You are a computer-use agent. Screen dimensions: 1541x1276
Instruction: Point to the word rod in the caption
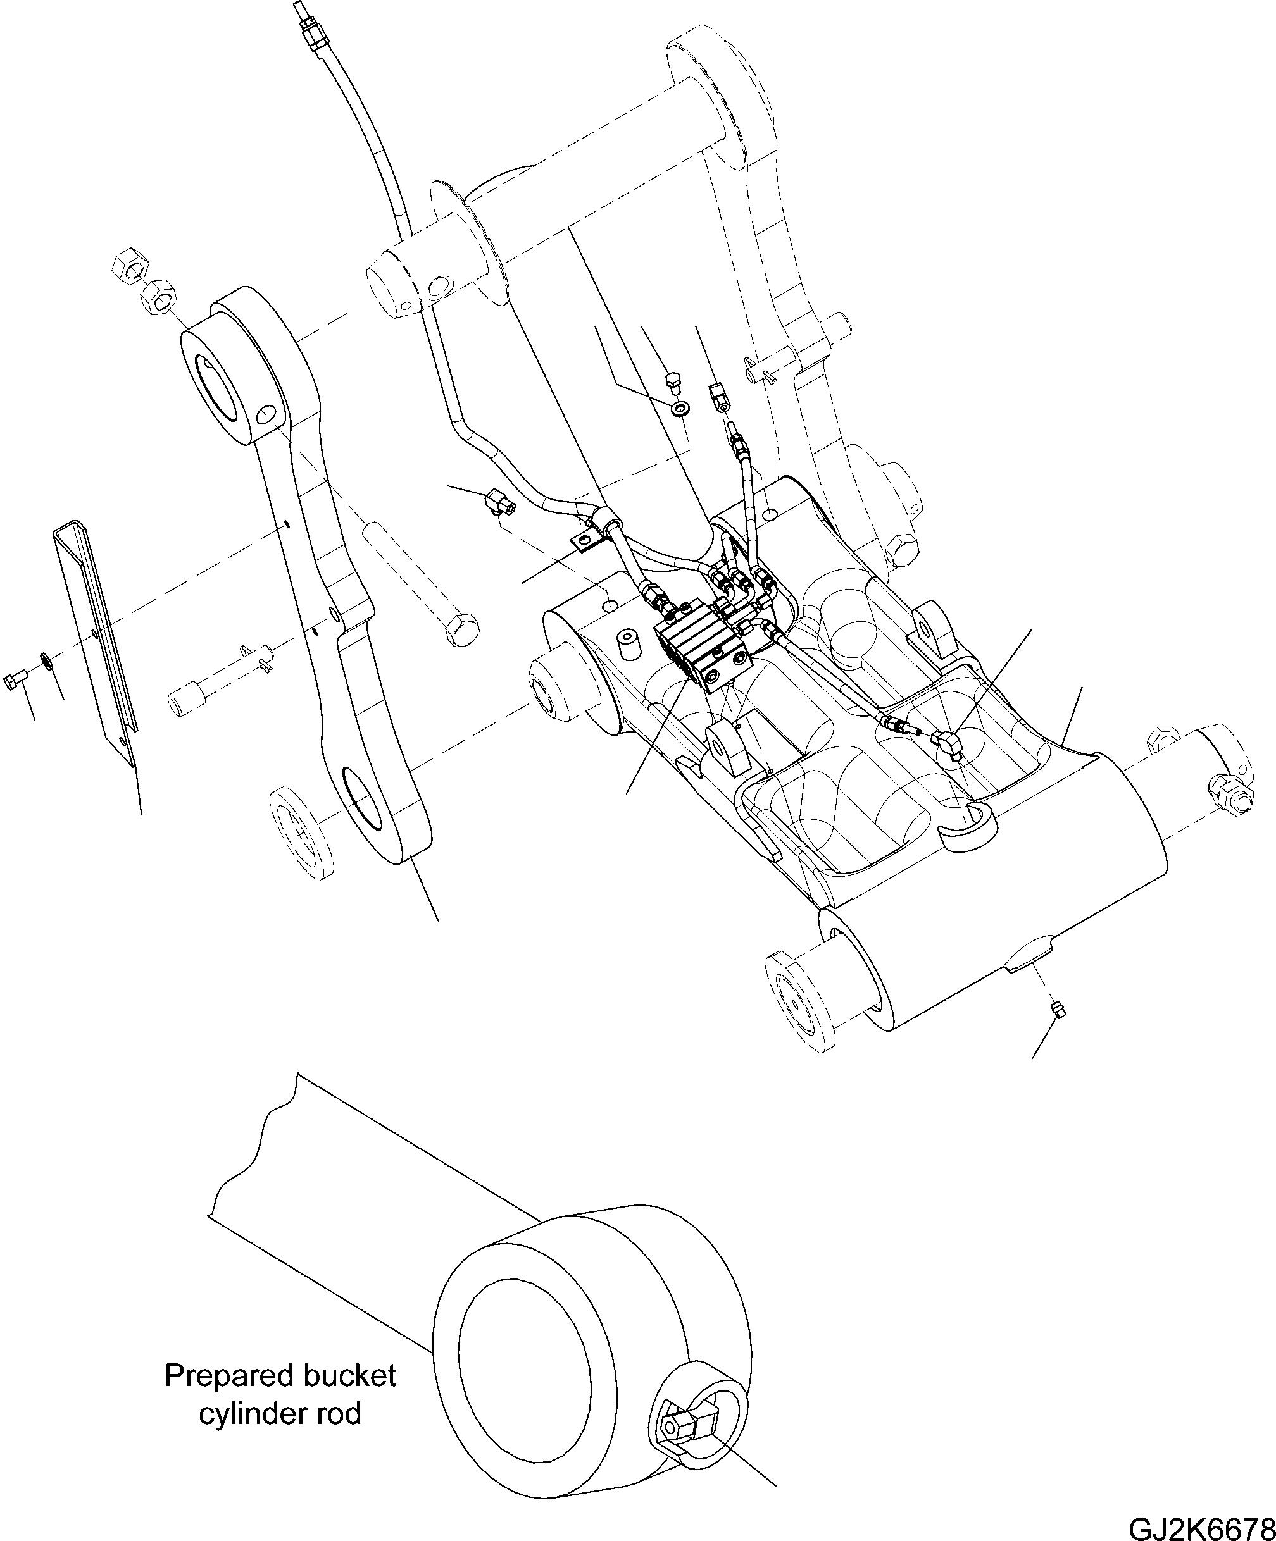(x=340, y=1414)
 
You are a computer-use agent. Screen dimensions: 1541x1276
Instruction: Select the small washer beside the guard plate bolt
(x=46, y=662)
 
